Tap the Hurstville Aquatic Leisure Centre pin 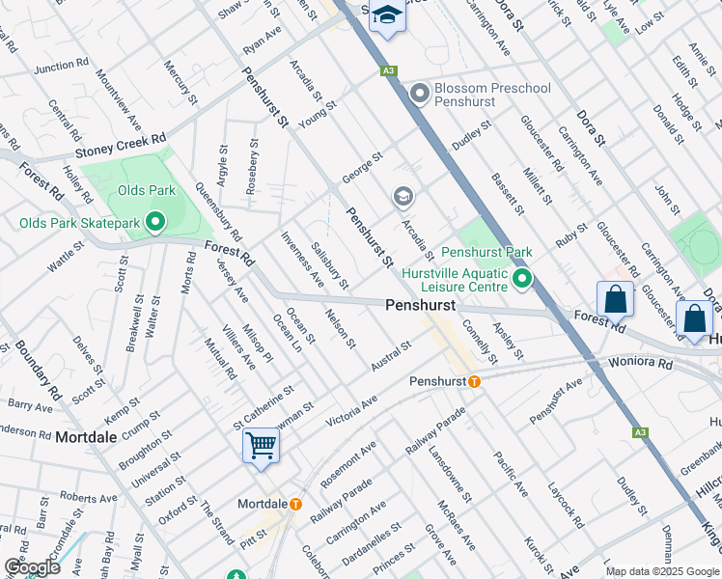(x=522, y=280)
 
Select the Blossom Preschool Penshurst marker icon (x=419, y=94)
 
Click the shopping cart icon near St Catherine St (x=261, y=446)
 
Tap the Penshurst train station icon (x=474, y=381)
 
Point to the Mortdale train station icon (x=295, y=504)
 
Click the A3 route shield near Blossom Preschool (x=388, y=70)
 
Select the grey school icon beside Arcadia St (x=403, y=198)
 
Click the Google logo (x=32, y=566)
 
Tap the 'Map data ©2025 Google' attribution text (x=662, y=571)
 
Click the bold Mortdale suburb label (x=86, y=437)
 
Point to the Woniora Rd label (x=640, y=363)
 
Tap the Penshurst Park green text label (x=486, y=252)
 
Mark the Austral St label (x=391, y=355)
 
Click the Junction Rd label (x=61, y=68)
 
